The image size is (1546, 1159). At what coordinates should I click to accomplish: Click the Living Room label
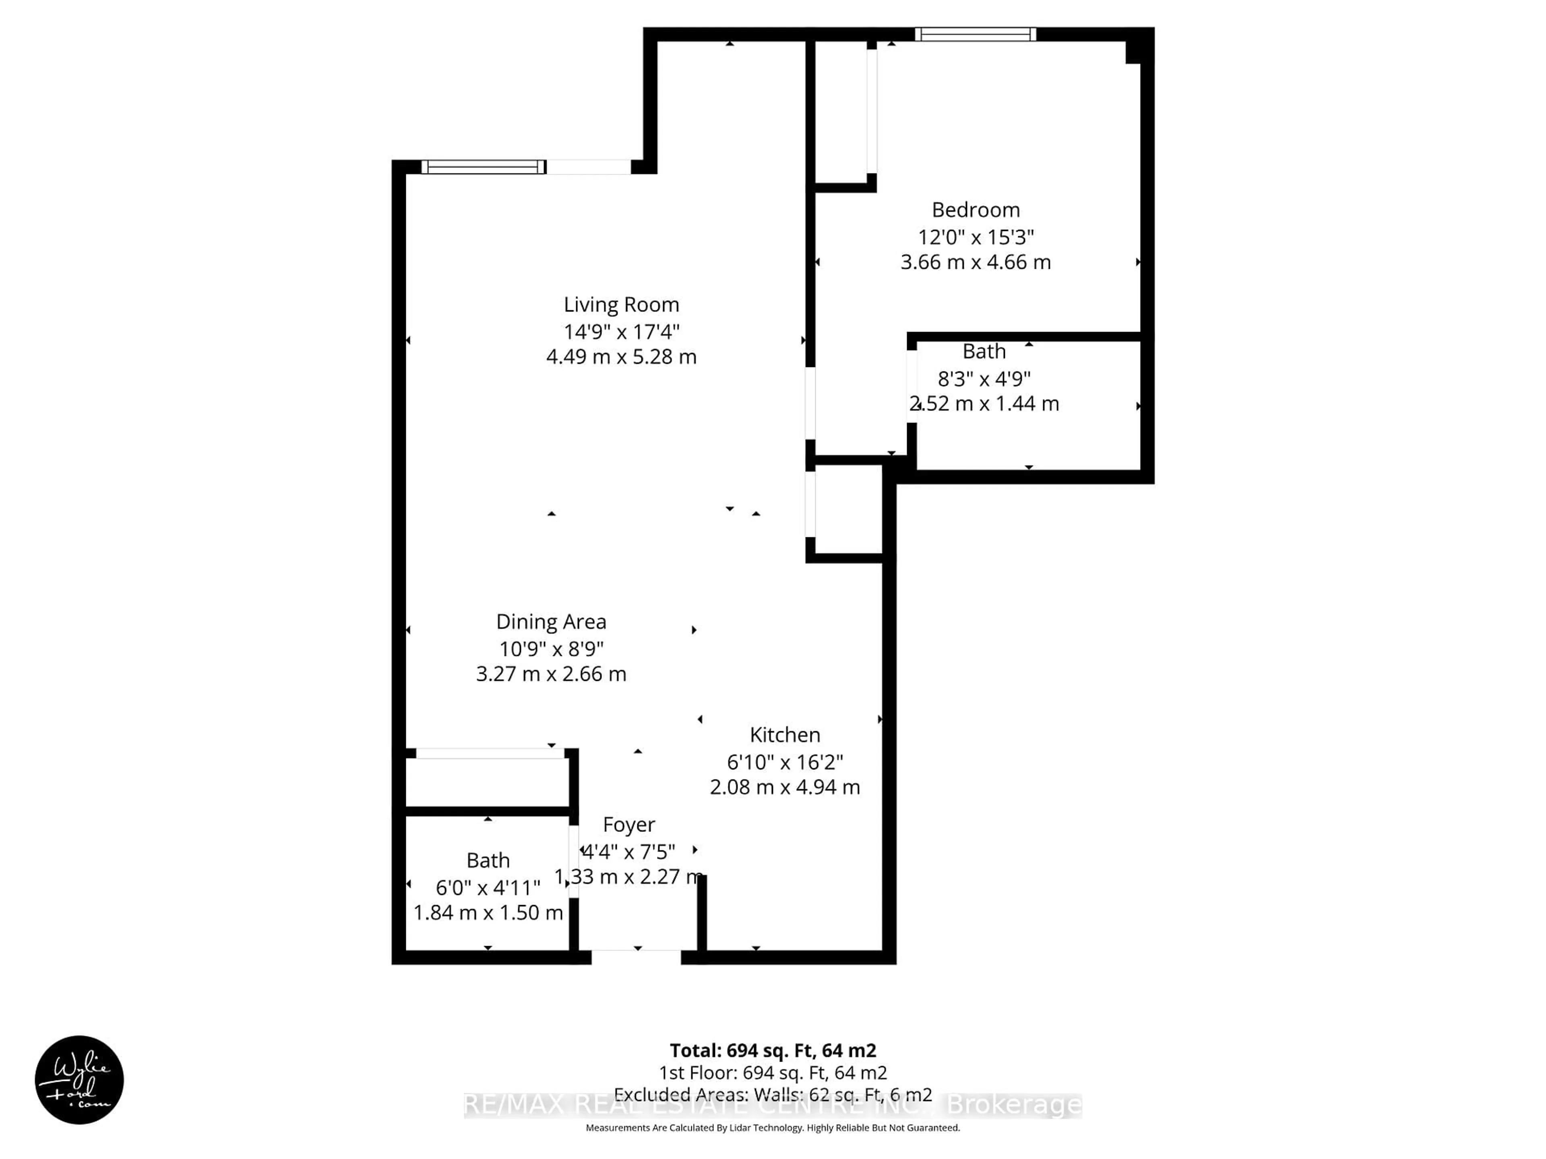(x=621, y=305)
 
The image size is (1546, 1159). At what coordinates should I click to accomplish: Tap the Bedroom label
(x=976, y=210)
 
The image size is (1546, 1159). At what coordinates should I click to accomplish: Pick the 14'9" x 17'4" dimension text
(x=621, y=331)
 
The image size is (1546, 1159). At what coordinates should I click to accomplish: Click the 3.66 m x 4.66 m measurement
(x=976, y=262)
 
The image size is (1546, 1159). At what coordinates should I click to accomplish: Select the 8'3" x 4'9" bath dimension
(x=984, y=379)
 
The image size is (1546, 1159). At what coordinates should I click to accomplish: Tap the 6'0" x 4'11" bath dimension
(x=488, y=888)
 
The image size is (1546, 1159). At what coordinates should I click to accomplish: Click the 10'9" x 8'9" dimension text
(x=551, y=649)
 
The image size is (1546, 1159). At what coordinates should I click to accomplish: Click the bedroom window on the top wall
(x=975, y=34)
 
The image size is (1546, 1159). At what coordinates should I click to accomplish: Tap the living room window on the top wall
(x=483, y=167)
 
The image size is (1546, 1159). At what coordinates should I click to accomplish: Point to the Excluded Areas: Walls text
(x=772, y=1095)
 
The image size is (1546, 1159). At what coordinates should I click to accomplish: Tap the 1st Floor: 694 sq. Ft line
(x=772, y=1073)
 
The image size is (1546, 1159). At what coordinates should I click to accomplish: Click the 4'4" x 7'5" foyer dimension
(x=628, y=852)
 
